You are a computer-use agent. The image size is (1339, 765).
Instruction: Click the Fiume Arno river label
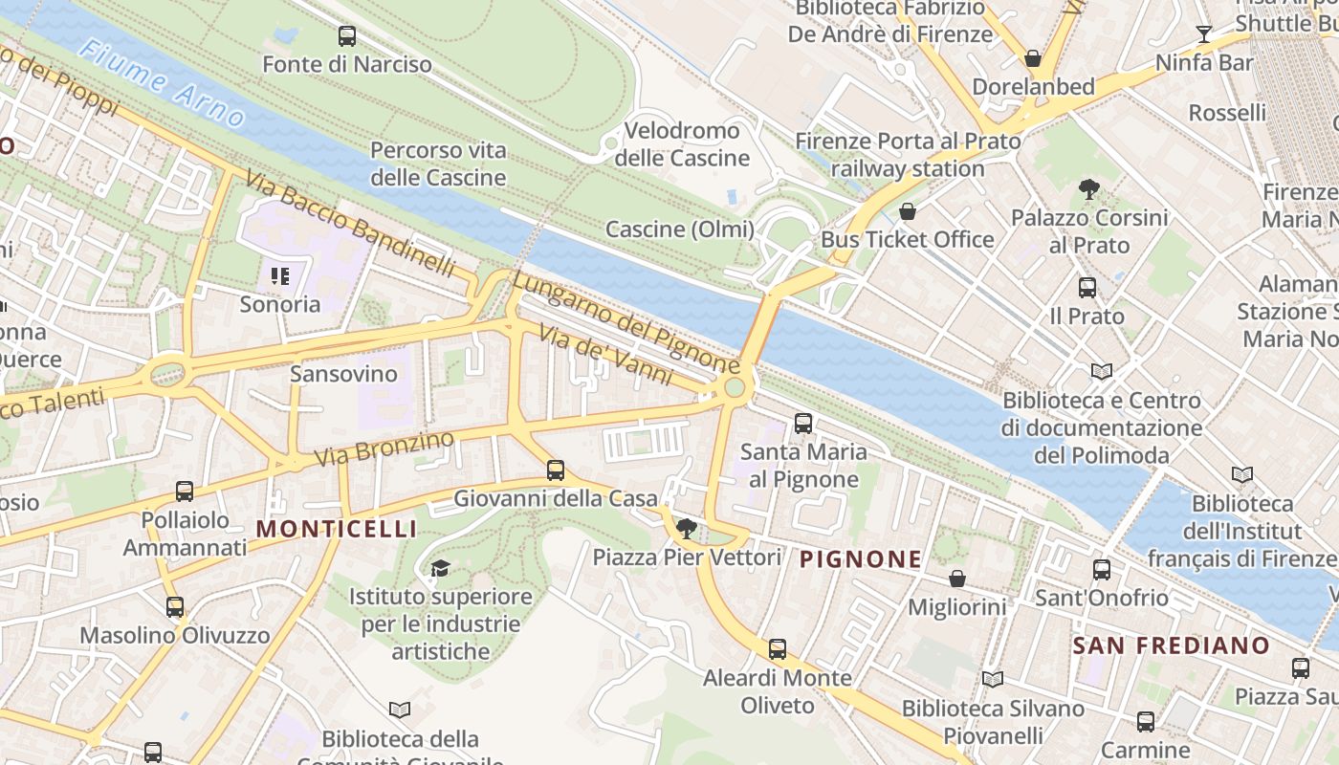pyautogui.click(x=163, y=84)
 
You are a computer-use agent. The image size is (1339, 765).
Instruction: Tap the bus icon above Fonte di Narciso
pyautogui.click(x=347, y=36)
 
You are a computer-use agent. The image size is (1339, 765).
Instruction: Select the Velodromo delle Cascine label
pyautogui.click(x=682, y=144)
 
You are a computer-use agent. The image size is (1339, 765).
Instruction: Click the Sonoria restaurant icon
pyautogui.click(x=280, y=277)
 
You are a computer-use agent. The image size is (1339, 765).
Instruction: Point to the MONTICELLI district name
pyautogui.click(x=337, y=529)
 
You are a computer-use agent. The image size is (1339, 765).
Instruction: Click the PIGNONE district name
pyautogui.click(x=861, y=559)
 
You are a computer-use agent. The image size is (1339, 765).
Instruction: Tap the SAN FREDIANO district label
pyautogui.click(x=1171, y=645)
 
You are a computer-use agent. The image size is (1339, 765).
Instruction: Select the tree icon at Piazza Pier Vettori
pyautogui.click(x=686, y=528)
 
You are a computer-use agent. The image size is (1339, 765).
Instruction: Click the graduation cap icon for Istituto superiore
pyautogui.click(x=440, y=569)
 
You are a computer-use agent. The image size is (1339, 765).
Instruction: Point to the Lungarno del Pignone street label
pyautogui.click(x=626, y=322)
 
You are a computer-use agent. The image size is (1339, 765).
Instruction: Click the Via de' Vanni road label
pyautogui.click(x=605, y=355)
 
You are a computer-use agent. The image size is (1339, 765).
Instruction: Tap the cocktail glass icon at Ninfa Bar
pyautogui.click(x=1204, y=35)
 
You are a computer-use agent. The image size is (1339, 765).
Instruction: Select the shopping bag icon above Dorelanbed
pyautogui.click(x=1033, y=58)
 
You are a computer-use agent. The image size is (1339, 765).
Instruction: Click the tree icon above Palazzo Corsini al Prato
pyautogui.click(x=1088, y=189)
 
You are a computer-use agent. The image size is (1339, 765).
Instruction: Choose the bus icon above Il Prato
pyautogui.click(x=1087, y=288)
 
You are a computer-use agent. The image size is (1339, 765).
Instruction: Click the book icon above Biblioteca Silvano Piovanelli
pyautogui.click(x=993, y=680)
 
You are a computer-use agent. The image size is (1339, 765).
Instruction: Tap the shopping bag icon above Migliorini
pyautogui.click(x=956, y=579)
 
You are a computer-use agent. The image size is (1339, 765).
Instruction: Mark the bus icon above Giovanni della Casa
pyautogui.click(x=555, y=470)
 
